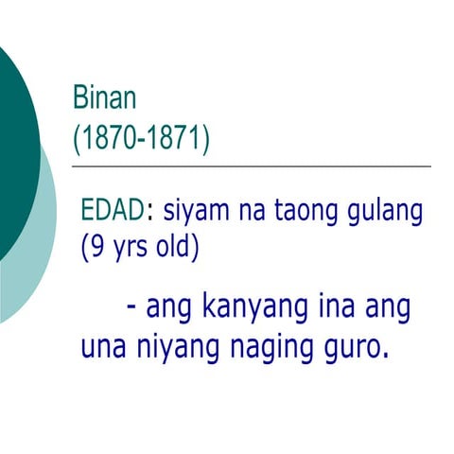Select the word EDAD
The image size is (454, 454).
(x=113, y=210)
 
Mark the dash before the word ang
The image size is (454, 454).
(x=130, y=308)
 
